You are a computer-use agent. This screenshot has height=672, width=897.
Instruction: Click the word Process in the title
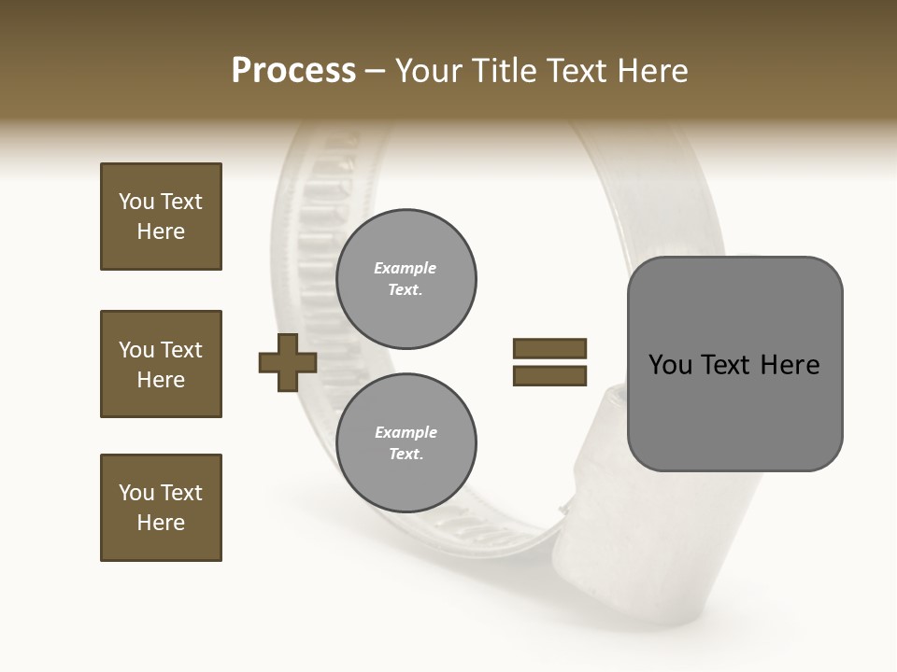click(x=293, y=71)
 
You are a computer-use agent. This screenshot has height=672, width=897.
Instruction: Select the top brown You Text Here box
click(x=161, y=217)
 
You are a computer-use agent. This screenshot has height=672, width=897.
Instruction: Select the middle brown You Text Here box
click(x=161, y=364)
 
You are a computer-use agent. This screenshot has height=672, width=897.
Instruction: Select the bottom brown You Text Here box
click(x=161, y=508)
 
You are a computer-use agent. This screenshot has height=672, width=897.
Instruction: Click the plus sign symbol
click(x=288, y=362)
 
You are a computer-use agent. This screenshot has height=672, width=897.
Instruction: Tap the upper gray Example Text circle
click(x=406, y=279)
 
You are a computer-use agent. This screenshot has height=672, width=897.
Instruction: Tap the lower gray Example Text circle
click(x=406, y=443)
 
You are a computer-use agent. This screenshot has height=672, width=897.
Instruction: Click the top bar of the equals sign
click(x=549, y=349)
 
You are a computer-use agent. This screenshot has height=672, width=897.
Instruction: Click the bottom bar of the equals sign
click(x=549, y=376)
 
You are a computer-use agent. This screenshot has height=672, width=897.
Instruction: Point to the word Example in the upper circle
click(x=406, y=269)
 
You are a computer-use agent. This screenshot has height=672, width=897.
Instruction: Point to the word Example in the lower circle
click(x=406, y=433)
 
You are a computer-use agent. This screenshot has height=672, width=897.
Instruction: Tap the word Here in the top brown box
click(x=161, y=232)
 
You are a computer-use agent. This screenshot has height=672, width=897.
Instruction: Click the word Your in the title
click(x=429, y=71)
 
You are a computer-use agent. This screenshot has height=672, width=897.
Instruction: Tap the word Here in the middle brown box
click(x=161, y=380)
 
